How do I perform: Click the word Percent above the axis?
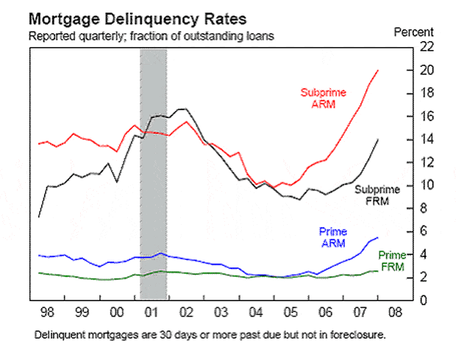coord(414,32)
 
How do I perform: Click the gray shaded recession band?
coord(153,175)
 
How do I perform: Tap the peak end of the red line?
coord(378,71)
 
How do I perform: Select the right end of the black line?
coord(378,140)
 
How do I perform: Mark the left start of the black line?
coord(39,217)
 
